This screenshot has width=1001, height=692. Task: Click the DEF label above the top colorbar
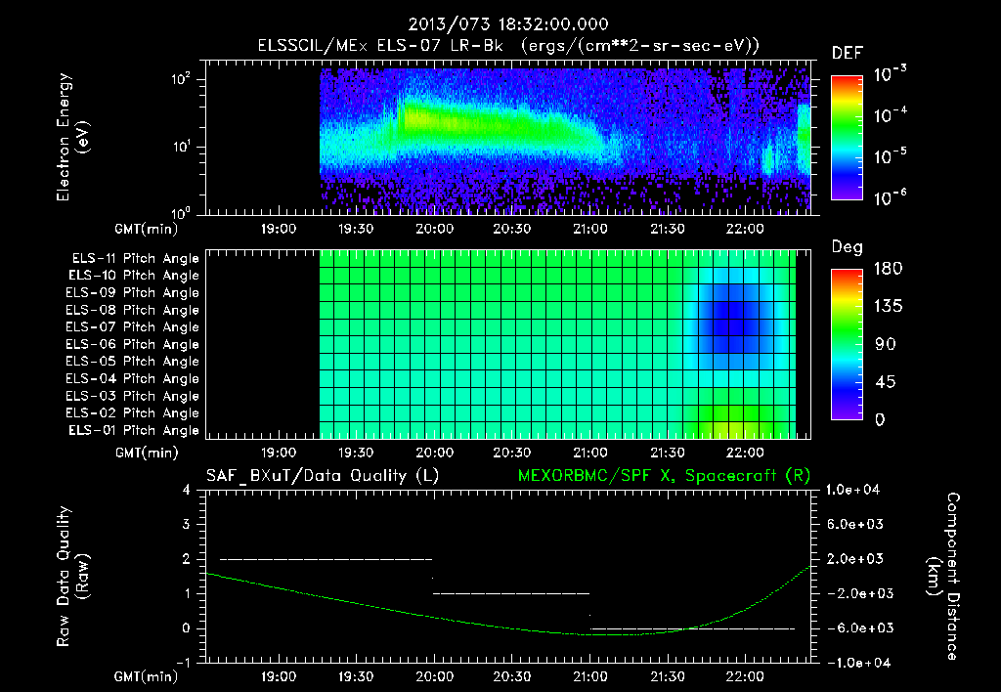click(x=847, y=53)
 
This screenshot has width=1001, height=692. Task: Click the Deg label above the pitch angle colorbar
click(x=847, y=247)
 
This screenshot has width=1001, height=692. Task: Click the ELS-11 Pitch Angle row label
click(x=133, y=259)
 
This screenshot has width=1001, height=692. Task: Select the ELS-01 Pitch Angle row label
click(x=133, y=431)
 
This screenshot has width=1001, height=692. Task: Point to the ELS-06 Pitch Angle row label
click(x=133, y=345)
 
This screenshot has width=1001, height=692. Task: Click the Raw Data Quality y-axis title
click(x=72, y=577)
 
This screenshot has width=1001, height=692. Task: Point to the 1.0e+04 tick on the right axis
click(x=854, y=490)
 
